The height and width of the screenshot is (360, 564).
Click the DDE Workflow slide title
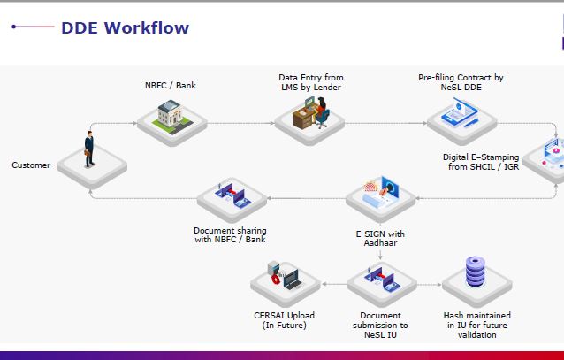click(125, 28)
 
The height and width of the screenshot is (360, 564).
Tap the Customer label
click(31, 165)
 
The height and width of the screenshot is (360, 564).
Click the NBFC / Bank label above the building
click(171, 86)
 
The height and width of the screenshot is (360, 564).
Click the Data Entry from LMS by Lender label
click(310, 82)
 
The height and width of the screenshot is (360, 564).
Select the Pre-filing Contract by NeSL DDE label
click(461, 82)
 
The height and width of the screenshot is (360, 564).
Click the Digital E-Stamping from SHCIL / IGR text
click(482, 161)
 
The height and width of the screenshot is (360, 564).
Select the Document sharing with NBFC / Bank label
click(229, 234)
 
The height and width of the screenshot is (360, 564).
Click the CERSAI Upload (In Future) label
click(284, 319)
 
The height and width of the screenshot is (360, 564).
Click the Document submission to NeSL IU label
click(380, 324)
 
